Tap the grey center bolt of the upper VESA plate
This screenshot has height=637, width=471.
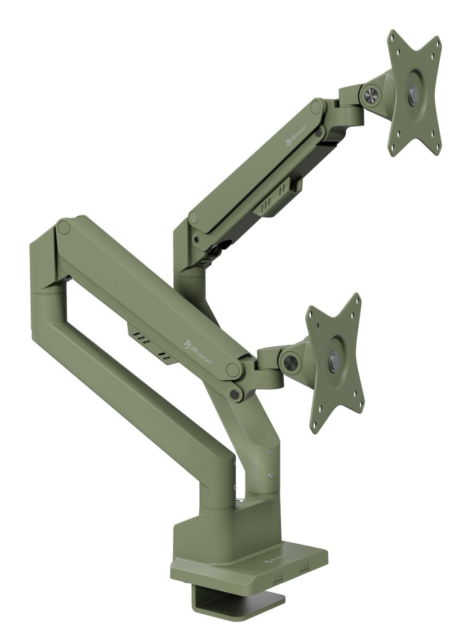pyautogui.click(x=414, y=92)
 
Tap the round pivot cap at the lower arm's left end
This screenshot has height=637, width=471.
pyautogui.click(x=64, y=228)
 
